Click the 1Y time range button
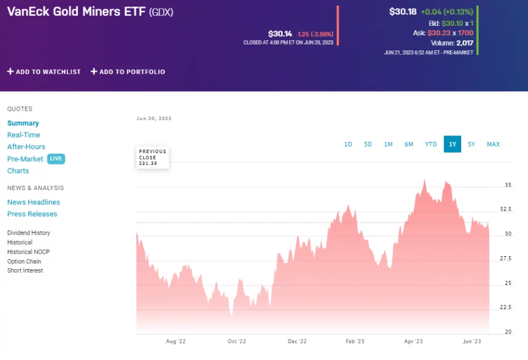(x=452, y=144)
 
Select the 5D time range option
(x=368, y=144)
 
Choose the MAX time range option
(x=493, y=144)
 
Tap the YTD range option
(x=431, y=144)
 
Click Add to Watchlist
(x=44, y=72)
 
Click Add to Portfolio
(x=128, y=72)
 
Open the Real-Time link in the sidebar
(x=23, y=135)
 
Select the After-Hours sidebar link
(x=26, y=147)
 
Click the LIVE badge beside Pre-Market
(x=56, y=159)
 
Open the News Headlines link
(x=33, y=202)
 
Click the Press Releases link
(x=32, y=214)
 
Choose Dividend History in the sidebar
(x=29, y=233)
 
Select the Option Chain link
(x=24, y=261)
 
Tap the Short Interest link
(x=25, y=270)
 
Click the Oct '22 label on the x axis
(x=236, y=341)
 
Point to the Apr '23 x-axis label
(x=413, y=341)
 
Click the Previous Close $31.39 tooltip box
(x=153, y=157)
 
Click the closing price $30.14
(x=280, y=34)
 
